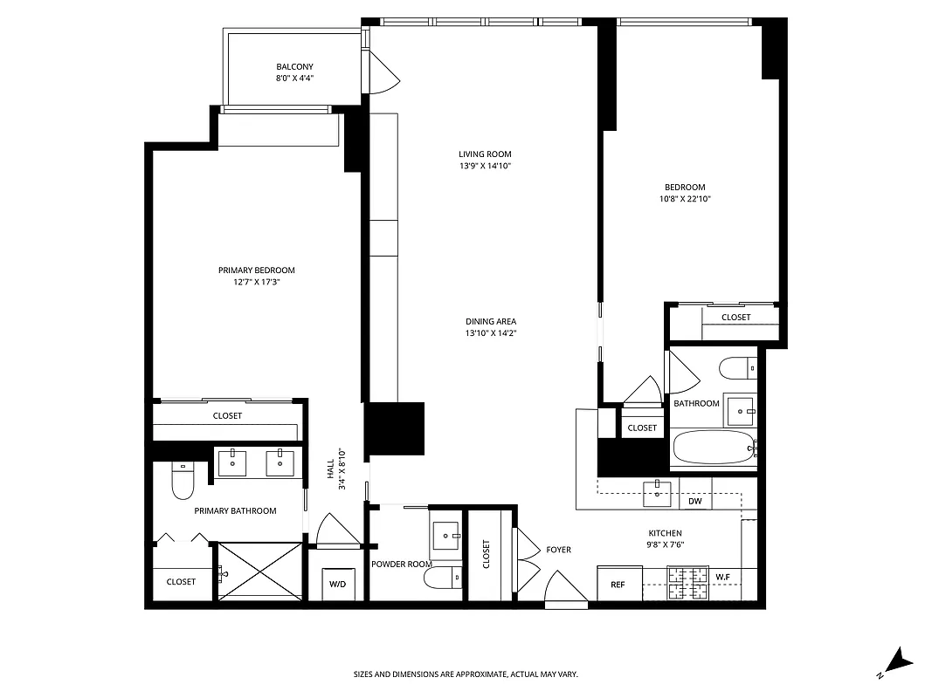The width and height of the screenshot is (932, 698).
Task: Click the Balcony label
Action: click(x=294, y=67)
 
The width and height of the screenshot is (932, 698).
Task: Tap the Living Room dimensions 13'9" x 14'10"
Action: click(x=485, y=166)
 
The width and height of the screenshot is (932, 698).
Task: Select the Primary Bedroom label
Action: click(x=256, y=270)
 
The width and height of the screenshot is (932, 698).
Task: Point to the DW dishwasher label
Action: click(x=695, y=502)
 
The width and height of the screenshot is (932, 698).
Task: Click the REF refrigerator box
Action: click(x=618, y=584)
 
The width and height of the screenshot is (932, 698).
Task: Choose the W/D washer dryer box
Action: click(x=337, y=584)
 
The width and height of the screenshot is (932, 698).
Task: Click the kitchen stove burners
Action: click(x=690, y=583)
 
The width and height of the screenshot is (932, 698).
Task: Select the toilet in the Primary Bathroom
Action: click(x=183, y=482)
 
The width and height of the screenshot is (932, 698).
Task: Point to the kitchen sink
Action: click(x=657, y=494)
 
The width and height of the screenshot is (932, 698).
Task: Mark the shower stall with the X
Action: click(x=259, y=571)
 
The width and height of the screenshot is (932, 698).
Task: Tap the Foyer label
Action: click(x=558, y=550)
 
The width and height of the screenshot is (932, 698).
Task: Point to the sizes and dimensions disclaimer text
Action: click(x=466, y=674)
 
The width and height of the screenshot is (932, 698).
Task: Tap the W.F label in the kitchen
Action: click(x=723, y=577)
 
